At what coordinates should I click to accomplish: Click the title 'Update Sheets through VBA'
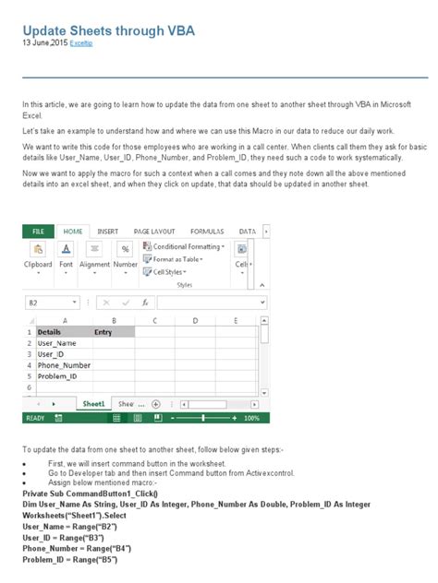tap(108, 30)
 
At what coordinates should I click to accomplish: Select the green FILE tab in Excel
tap(38, 232)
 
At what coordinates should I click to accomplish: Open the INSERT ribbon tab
tap(107, 232)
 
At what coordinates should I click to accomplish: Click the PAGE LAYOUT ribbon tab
tap(154, 232)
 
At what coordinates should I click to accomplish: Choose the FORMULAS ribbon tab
tap(207, 232)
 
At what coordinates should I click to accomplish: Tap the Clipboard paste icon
tap(38, 250)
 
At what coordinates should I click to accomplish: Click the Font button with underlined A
tap(67, 250)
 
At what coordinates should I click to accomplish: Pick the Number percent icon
tap(125, 250)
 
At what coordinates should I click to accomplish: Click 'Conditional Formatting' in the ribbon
tap(187, 247)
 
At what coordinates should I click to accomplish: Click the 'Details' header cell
tap(50, 332)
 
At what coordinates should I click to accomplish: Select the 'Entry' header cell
tap(103, 332)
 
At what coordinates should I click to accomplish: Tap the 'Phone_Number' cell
tap(64, 365)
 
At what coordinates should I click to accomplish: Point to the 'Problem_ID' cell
tap(57, 376)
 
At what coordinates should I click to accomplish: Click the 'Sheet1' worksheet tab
tap(93, 404)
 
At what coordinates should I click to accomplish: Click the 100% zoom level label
tap(251, 418)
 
